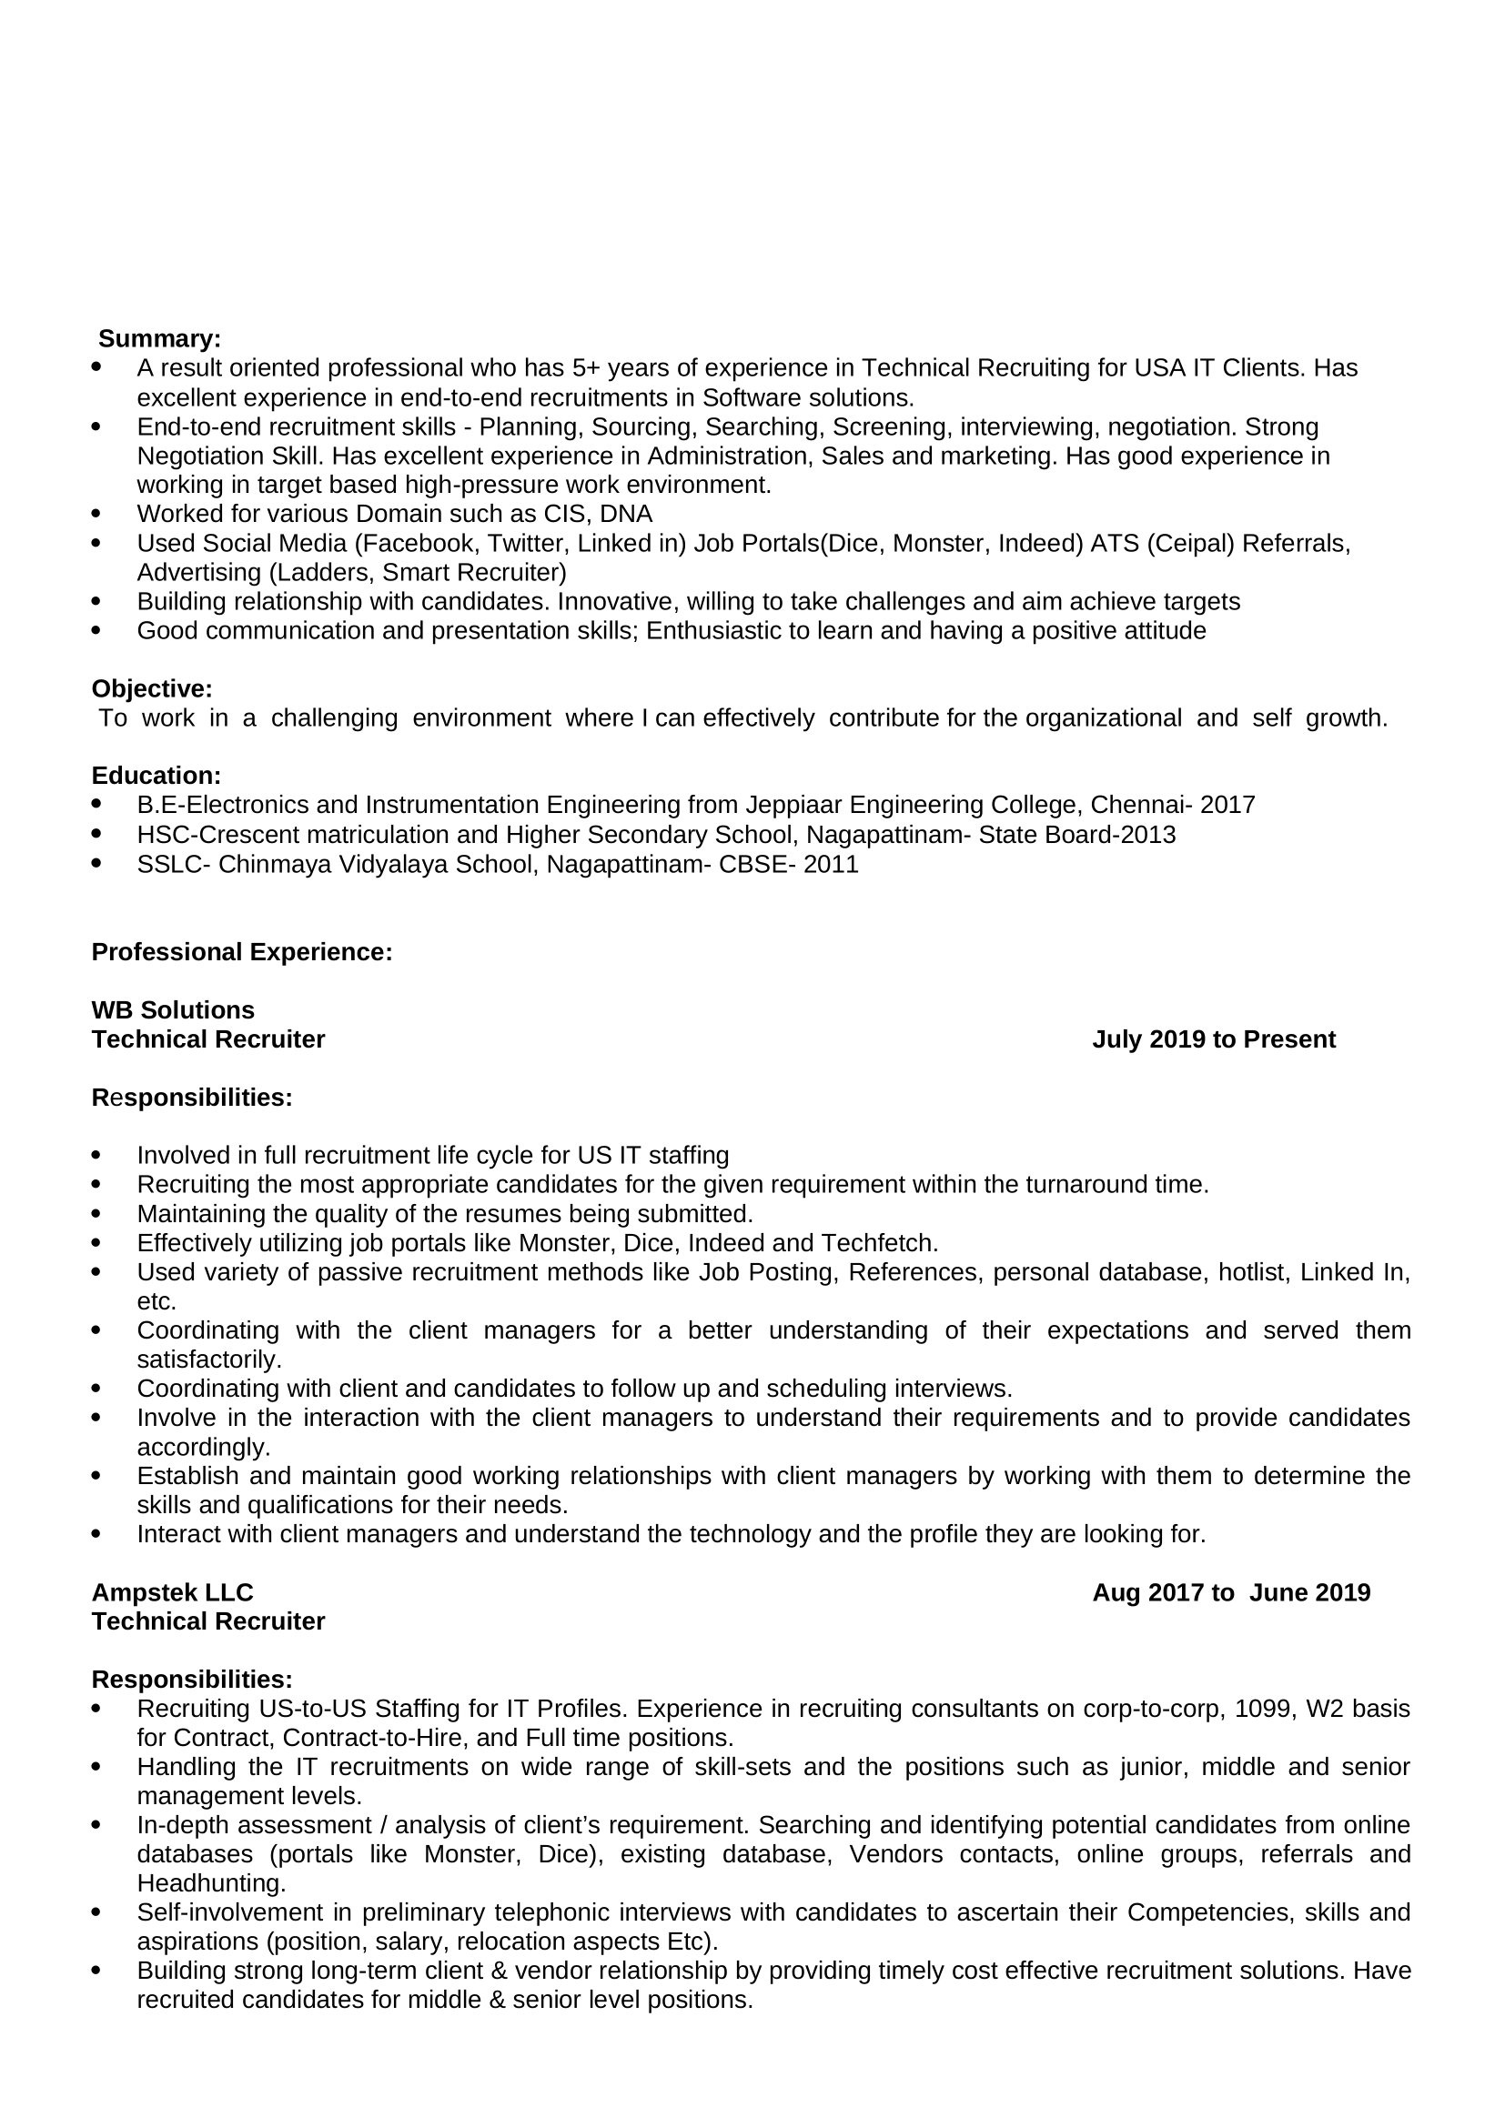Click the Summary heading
[x=159, y=338]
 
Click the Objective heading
[x=152, y=688]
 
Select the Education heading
[x=156, y=776]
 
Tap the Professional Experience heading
[x=242, y=951]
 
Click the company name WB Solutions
[x=172, y=1008]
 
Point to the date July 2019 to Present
[x=1213, y=1038]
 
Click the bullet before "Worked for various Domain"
[x=96, y=513]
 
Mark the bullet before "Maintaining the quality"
[x=96, y=1213]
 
